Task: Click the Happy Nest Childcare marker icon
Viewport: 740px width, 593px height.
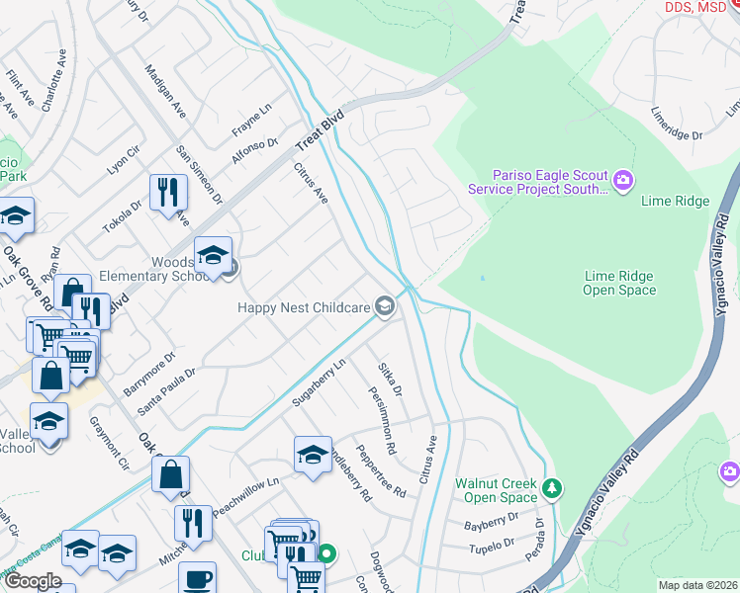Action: pos(384,307)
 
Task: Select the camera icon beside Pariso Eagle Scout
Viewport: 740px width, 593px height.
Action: pos(623,180)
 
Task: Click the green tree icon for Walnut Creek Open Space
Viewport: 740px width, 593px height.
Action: pos(552,487)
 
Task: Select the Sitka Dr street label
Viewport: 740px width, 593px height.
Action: pos(391,379)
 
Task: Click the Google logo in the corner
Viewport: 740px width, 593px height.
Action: pos(33,580)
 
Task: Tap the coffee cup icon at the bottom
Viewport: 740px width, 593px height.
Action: pos(197,577)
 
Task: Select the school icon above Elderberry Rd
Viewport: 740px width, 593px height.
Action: pos(313,455)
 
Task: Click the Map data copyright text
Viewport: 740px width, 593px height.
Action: pos(696,584)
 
